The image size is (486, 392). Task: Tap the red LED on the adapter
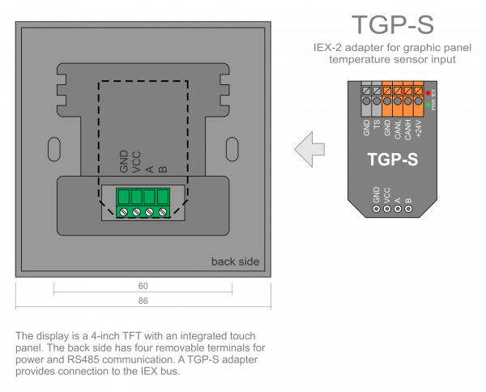pos(428,95)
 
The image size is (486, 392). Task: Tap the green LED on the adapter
pos(428,105)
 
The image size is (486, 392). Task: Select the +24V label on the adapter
pos(419,127)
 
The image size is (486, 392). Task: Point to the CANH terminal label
pos(408,127)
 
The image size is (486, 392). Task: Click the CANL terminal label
pos(398,127)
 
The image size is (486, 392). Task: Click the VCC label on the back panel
pos(137,164)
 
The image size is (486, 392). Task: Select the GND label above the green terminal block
pos(124,164)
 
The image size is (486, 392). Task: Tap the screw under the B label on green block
pos(163,212)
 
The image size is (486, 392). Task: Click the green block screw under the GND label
pos(124,212)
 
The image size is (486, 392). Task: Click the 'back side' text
pos(235,262)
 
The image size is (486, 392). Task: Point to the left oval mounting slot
pos(53,149)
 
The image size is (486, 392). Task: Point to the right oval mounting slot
pos(232,149)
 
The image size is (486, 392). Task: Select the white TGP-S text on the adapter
pos(392,160)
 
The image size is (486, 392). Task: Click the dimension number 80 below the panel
pos(143,286)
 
